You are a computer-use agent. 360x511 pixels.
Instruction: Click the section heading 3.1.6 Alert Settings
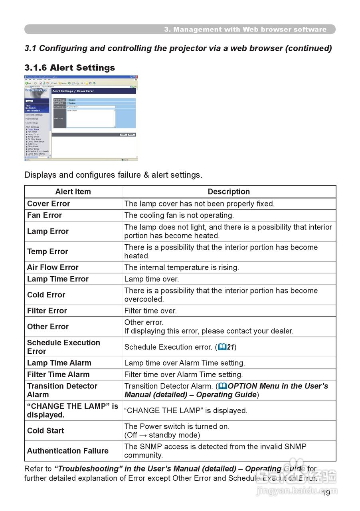[69, 67]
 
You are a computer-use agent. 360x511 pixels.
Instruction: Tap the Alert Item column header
[73, 192]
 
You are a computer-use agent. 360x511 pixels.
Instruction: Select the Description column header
[229, 192]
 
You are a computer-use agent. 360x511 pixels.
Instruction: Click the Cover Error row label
[48, 204]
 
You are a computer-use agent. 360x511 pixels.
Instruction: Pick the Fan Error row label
[44, 215]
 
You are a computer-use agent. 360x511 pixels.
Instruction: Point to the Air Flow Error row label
[53, 267]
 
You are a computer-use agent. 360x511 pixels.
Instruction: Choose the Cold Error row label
[46, 295]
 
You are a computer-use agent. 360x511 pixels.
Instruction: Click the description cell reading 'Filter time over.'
[150, 311]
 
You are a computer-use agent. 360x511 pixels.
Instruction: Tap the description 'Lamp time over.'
[152, 279]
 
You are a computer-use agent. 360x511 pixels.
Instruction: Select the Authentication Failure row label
[68, 451]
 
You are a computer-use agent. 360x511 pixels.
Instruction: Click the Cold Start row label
[45, 431]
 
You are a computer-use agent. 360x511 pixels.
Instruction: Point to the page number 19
[326, 493]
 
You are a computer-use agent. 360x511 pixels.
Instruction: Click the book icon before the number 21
[222, 347]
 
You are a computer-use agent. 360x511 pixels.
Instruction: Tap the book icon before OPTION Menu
[223, 386]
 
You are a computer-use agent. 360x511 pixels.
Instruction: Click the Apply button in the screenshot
[123, 135]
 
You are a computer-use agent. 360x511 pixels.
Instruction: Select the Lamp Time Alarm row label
[59, 363]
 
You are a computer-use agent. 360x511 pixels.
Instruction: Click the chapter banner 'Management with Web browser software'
[245, 30]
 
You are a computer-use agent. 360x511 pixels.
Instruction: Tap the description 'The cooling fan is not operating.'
[179, 215]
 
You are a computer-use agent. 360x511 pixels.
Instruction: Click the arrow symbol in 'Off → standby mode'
[143, 435]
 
